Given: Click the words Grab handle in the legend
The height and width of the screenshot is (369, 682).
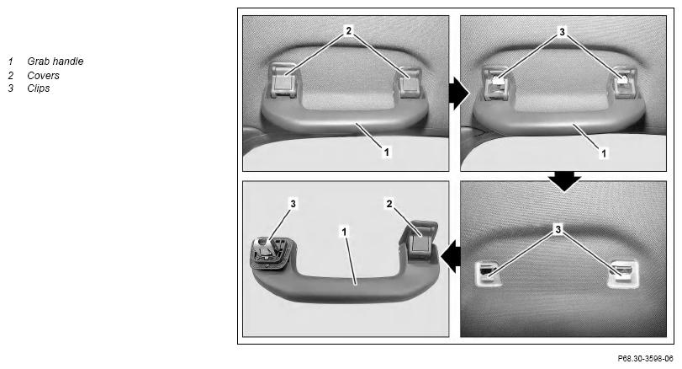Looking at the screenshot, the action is pos(55,61).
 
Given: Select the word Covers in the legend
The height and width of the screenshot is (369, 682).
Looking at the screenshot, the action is pos(43,75).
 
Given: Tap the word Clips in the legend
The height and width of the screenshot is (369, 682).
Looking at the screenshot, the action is pos(39,88).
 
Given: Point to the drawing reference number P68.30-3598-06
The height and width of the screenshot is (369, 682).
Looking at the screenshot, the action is pos(645,359).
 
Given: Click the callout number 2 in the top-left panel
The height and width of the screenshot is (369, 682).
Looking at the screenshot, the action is pos(348,30).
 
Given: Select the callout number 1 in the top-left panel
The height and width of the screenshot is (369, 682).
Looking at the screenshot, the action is pos(386,152).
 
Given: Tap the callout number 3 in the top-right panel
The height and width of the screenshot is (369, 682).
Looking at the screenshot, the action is pos(562,32).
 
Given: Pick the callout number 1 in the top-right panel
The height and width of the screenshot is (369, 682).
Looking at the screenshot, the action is pos(603,153).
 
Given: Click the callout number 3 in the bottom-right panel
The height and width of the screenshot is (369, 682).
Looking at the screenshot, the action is pos(558,228).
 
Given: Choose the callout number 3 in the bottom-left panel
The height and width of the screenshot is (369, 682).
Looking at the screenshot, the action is pos(293,203).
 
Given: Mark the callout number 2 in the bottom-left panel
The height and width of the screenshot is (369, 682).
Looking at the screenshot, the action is pos(389,203).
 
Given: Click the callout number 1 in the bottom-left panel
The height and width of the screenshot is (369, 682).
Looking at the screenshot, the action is pos(344,232).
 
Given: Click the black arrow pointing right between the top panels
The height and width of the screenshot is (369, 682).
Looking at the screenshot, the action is pos(459,94).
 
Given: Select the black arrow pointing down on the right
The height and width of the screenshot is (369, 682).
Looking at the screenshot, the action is pos(564,181).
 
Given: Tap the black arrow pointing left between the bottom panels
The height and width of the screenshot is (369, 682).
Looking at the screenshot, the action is pos(451,256).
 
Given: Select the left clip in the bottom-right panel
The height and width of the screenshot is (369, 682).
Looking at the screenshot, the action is pos(487,273).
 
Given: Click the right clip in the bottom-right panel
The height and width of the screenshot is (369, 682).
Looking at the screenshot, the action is pos(623,273).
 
